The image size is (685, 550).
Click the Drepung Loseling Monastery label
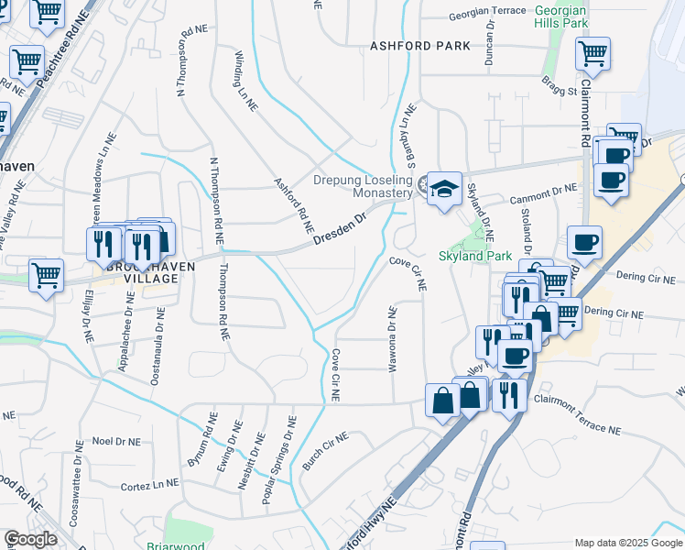[x=364, y=186]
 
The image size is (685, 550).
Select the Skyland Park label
[x=475, y=256]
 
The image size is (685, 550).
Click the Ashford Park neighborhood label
[x=420, y=46]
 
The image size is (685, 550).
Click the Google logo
[x=30, y=539]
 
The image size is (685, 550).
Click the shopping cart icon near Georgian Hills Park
[x=593, y=52]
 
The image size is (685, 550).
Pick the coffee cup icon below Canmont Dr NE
[x=583, y=243]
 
